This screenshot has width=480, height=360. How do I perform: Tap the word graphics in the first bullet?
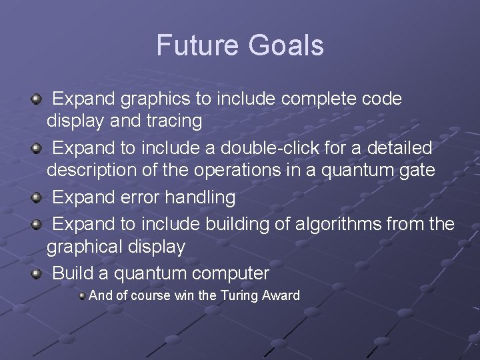(155, 99)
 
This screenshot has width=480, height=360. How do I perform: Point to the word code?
(381, 99)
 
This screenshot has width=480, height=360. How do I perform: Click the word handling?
(201, 198)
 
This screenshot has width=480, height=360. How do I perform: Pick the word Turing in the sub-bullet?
(238, 295)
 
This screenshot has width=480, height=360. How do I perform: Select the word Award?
(282, 295)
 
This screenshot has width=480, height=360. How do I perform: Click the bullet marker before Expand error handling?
(36, 197)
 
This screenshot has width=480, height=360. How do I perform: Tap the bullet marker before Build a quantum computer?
(36, 273)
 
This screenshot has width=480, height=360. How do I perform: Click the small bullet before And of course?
(82, 295)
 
